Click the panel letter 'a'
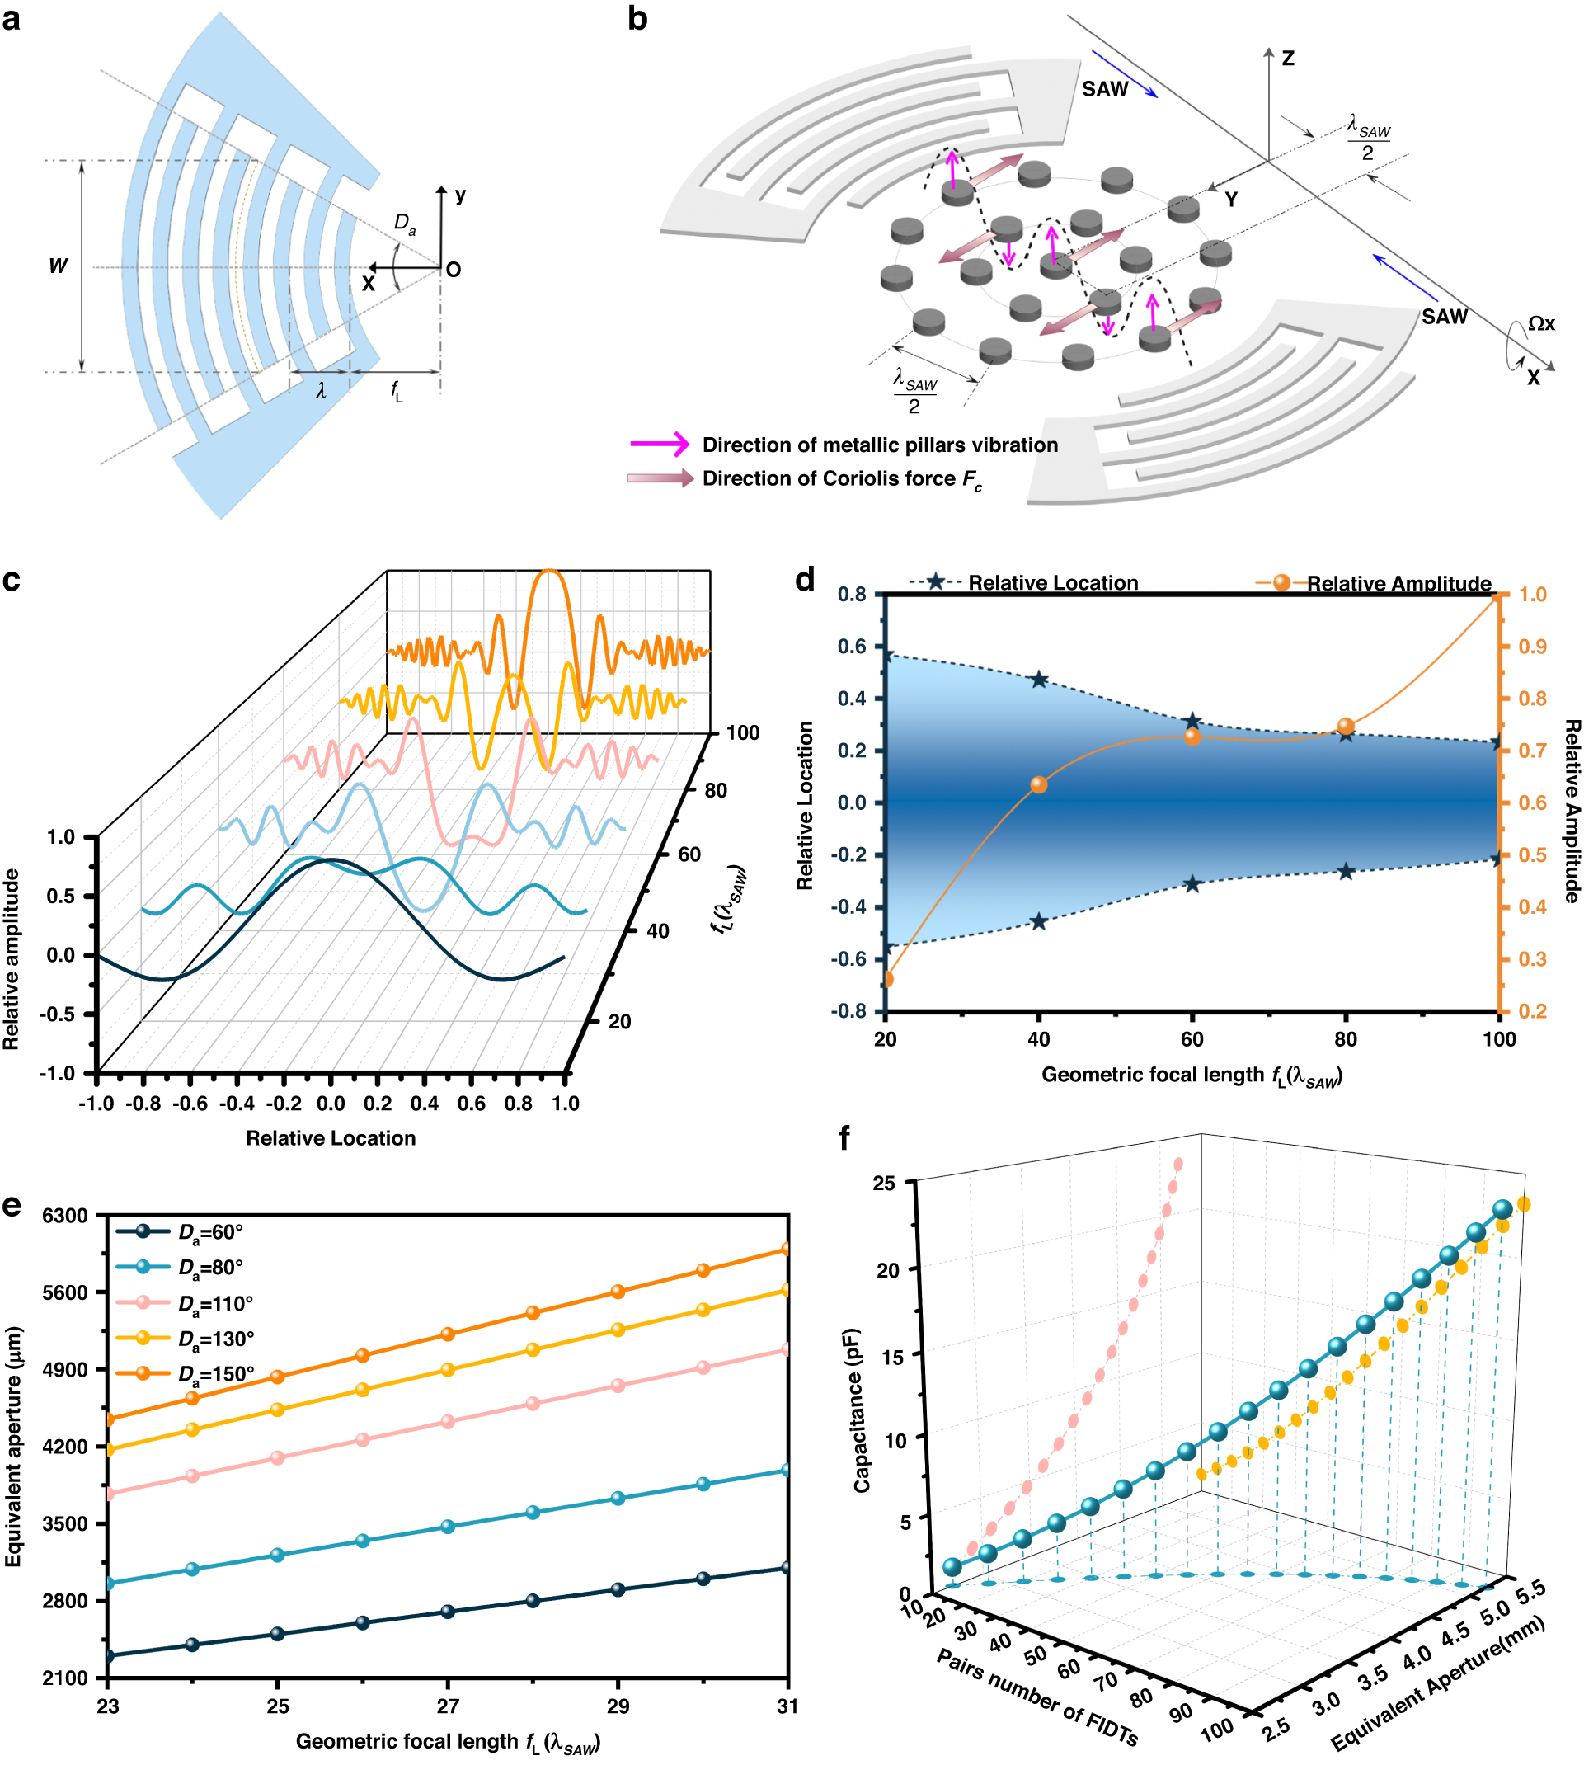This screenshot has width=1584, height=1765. coord(12,19)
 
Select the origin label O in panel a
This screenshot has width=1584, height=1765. coord(454,270)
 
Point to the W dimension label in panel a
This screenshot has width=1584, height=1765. coord(58,266)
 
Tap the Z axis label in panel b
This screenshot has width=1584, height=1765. coord(1288,59)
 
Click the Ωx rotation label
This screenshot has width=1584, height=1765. coord(1541,324)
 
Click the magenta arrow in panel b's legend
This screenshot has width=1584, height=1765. coord(660,444)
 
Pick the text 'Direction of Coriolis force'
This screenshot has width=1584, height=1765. coord(829,478)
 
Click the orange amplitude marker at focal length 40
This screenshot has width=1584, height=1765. coord(1038,784)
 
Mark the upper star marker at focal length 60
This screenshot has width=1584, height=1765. coord(1192,722)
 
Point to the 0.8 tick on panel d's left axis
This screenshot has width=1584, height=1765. coord(852,595)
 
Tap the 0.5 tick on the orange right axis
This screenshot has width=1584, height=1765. coord(1533,854)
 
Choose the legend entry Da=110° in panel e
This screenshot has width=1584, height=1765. coord(216,1303)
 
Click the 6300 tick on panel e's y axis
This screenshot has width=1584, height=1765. coord(64,1215)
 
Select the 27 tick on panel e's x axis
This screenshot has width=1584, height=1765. coord(448,1706)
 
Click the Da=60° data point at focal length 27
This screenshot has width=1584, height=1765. coord(448,1611)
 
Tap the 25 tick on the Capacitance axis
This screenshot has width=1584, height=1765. coord(883,1183)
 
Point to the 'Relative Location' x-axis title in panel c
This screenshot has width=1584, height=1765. coord(331,1137)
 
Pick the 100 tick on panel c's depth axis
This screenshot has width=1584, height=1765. coord(742,733)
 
